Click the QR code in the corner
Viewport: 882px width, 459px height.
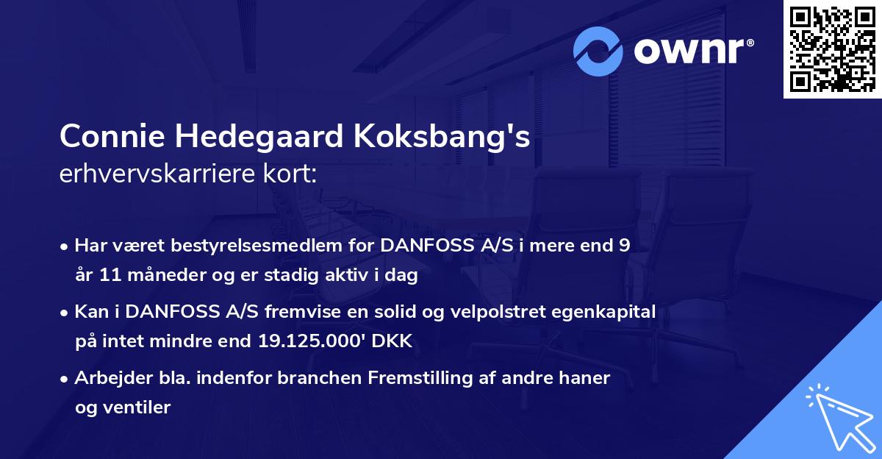(832, 49)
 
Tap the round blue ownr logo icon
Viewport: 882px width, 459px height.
(598, 51)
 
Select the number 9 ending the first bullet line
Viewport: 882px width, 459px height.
(624, 246)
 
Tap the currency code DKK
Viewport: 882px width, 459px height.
(395, 341)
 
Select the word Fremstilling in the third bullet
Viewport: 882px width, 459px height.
(436, 377)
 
